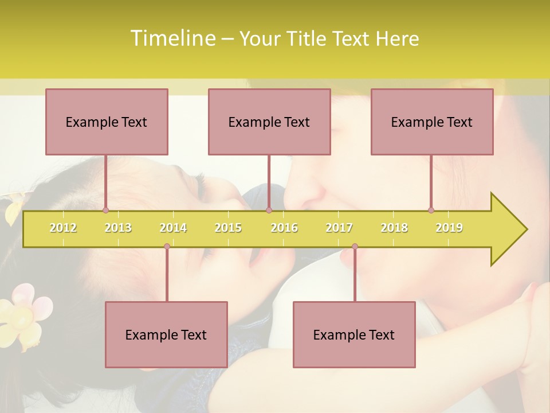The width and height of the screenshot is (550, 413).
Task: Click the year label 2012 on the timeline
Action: click(x=63, y=228)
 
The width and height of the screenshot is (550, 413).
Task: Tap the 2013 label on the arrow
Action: click(x=118, y=228)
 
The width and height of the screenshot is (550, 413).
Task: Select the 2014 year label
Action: click(x=173, y=228)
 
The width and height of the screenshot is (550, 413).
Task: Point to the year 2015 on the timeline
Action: click(x=228, y=228)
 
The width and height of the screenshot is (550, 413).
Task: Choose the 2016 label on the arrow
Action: click(x=284, y=228)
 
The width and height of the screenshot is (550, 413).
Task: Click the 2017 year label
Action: click(x=339, y=228)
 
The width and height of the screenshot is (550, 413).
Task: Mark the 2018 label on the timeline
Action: click(x=394, y=228)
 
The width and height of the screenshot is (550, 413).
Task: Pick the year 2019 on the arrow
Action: click(x=449, y=228)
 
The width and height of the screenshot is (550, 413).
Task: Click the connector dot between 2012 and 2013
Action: click(x=105, y=211)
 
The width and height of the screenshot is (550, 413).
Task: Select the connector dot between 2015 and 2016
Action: click(x=269, y=211)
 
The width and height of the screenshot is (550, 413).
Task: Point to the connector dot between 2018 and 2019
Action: click(x=431, y=211)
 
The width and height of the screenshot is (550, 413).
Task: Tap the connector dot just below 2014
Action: click(x=167, y=247)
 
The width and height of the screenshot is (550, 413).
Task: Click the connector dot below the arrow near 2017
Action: click(x=355, y=247)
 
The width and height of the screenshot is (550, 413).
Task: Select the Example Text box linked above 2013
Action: click(x=107, y=122)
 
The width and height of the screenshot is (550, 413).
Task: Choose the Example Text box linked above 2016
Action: click(x=269, y=122)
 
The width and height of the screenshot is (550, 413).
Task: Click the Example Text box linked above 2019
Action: click(x=432, y=122)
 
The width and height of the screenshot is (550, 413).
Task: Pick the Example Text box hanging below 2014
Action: click(x=166, y=334)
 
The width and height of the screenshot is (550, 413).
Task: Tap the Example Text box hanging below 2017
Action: click(x=354, y=334)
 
